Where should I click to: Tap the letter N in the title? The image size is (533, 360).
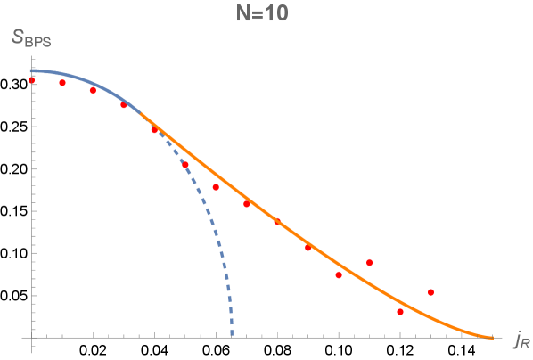click(248, 14)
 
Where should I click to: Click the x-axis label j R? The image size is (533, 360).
click(521, 339)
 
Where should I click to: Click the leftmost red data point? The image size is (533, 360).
click(32, 80)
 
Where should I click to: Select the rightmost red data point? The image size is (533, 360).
click(431, 292)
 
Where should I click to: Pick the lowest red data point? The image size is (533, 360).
click(400, 312)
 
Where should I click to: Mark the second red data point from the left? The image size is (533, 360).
click(62, 83)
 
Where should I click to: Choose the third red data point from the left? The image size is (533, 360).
click(93, 90)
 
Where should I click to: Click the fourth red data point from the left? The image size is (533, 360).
click(124, 105)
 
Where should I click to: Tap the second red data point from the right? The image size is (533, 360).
click(400, 312)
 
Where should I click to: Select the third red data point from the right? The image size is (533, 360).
click(370, 262)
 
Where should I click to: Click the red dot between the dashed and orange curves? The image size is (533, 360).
click(216, 187)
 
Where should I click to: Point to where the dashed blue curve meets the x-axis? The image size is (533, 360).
click(232, 336)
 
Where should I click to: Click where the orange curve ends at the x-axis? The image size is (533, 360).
click(492, 337)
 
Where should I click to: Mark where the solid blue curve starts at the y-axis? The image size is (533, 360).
click(32, 70)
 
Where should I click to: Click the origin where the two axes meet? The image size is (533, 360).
click(32, 337)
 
